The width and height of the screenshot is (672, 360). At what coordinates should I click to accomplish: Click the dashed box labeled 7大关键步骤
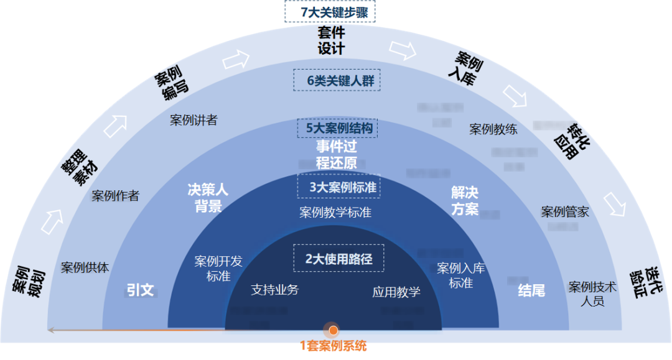pyautogui.click(x=330, y=12)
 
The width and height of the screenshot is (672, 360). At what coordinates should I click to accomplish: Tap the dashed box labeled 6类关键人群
pyautogui.click(x=336, y=80)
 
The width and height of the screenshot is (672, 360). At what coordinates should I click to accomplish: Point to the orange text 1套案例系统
pyautogui.click(x=334, y=346)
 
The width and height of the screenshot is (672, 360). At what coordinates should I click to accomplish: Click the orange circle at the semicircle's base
pyautogui.click(x=334, y=330)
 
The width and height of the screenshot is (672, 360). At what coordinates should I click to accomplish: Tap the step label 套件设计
pyautogui.click(x=331, y=40)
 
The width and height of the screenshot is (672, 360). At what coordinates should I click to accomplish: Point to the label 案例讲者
pyautogui.click(x=194, y=120)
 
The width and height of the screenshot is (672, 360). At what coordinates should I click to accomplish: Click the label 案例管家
pyautogui.click(x=565, y=212)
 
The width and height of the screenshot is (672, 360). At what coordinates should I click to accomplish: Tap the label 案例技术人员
pyautogui.click(x=592, y=294)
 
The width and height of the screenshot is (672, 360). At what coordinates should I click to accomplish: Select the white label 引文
pyautogui.click(x=140, y=290)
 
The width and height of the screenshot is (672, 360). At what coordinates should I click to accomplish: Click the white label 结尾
pyautogui.click(x=531, y=290)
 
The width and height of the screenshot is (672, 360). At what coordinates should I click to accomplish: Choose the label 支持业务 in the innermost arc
pyautogui.click(x=274, y=290)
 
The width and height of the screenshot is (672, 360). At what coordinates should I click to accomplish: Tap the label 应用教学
pyautogui.click(x=396, y=292)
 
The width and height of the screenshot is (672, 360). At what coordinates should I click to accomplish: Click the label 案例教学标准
pyautogui.click(x=335, y=213)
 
